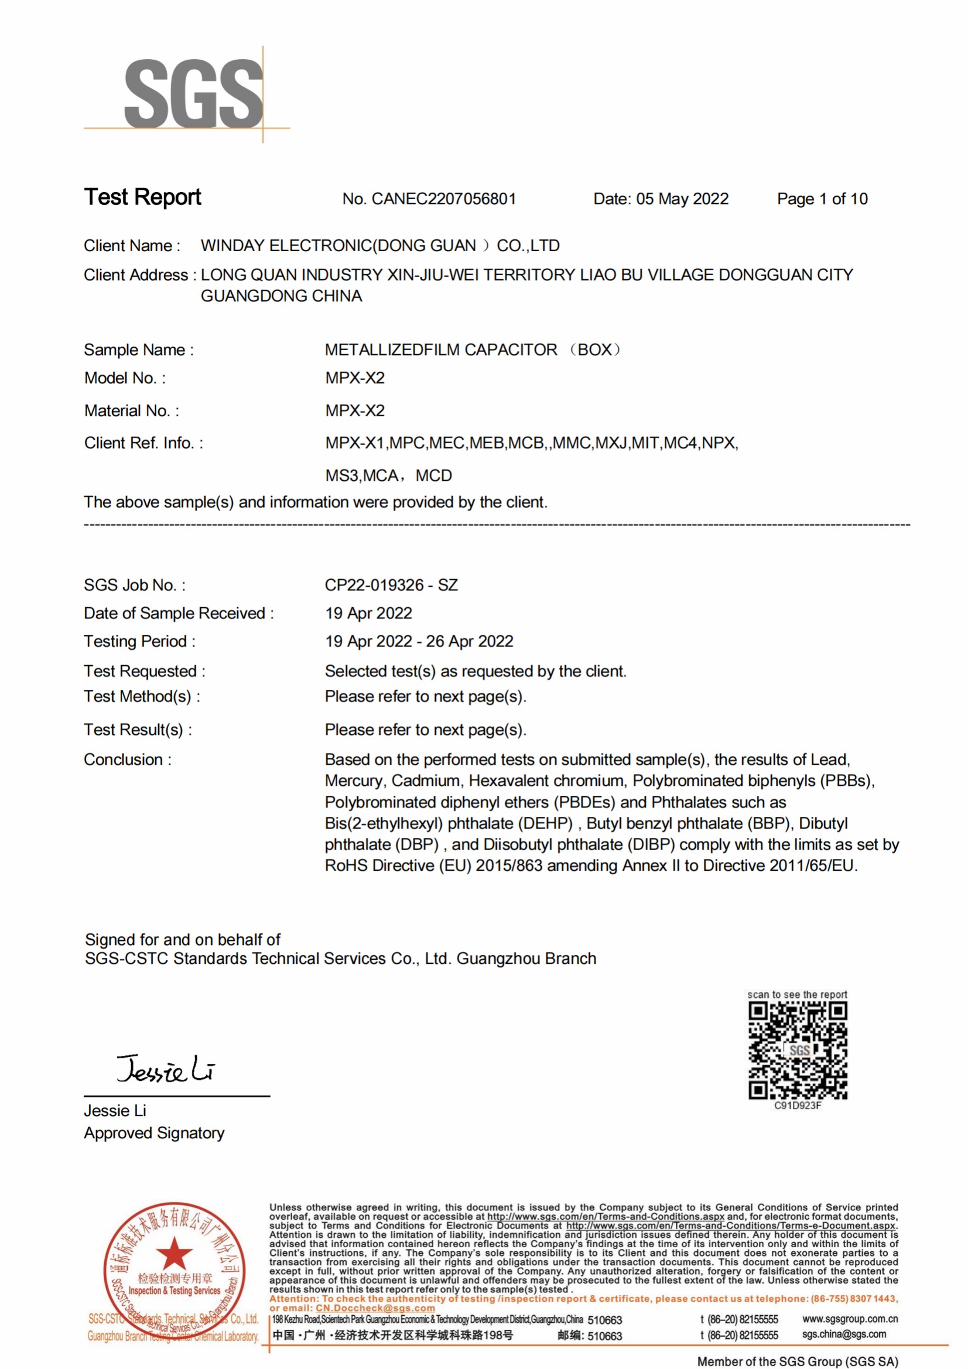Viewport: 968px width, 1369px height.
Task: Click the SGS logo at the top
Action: tap(193, 94)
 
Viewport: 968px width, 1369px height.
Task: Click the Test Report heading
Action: tap(142, 197)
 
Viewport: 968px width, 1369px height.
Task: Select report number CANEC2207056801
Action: tap(444, 199)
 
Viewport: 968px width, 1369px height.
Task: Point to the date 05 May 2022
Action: tap(682, 199)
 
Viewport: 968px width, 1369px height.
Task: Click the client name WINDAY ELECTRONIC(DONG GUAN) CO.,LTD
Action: tap(380, 246)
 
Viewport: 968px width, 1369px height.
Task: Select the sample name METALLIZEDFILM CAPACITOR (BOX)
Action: tap(473, 350)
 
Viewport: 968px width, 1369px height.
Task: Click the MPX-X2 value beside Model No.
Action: tap(355, 378)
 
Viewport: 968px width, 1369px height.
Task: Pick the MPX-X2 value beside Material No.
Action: tap(355, 411)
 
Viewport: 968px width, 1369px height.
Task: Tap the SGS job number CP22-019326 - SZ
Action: tap(391, 585)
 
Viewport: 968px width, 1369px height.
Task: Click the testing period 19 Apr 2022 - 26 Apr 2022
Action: tap(419, 642)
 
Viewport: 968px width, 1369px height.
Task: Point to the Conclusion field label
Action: tap(127, 759)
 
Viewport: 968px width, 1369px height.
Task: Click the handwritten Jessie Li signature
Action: tap(166, 1069)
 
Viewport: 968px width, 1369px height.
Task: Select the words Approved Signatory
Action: tap(154, 1134)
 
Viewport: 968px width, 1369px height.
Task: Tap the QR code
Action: tap(798, 1050)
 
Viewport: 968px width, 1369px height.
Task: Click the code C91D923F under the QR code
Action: tap(798, 1106)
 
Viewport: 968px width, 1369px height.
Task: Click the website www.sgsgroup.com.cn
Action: tap(850, 1319)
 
